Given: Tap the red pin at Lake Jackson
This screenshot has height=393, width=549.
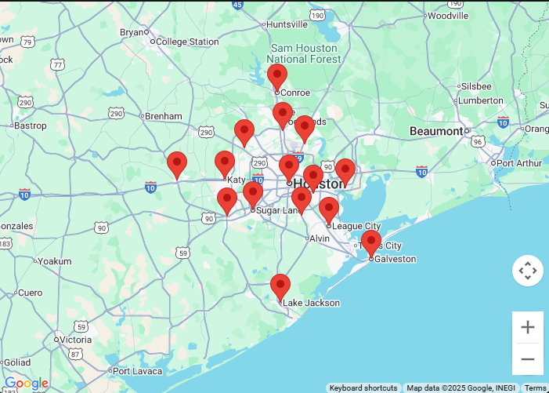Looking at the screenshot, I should (280, 287).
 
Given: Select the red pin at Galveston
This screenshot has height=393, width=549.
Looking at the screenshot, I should (371, 243).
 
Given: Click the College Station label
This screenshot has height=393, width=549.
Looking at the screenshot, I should (187, 42).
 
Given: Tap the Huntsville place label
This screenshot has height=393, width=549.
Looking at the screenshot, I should (287, 24).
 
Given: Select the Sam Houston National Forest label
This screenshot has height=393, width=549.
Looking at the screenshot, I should (305, 53).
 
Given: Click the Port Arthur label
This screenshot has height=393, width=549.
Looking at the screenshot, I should (518, 163).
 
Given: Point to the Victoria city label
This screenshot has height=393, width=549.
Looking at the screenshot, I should (75, 340).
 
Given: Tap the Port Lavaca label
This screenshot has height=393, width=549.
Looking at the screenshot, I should (137, 371).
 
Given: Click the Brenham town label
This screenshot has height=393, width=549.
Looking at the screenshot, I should (162, 116).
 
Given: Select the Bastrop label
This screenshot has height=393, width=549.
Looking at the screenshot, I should (31, 126).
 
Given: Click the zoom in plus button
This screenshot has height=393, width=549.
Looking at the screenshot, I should (528, 327).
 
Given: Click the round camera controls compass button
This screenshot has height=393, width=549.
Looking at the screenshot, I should (528, 271).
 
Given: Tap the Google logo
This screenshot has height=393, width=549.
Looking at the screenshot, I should (26, 383).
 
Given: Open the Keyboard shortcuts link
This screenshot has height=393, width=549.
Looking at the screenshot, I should (363, 388).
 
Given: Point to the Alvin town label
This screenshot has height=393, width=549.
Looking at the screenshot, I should (320, 238).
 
